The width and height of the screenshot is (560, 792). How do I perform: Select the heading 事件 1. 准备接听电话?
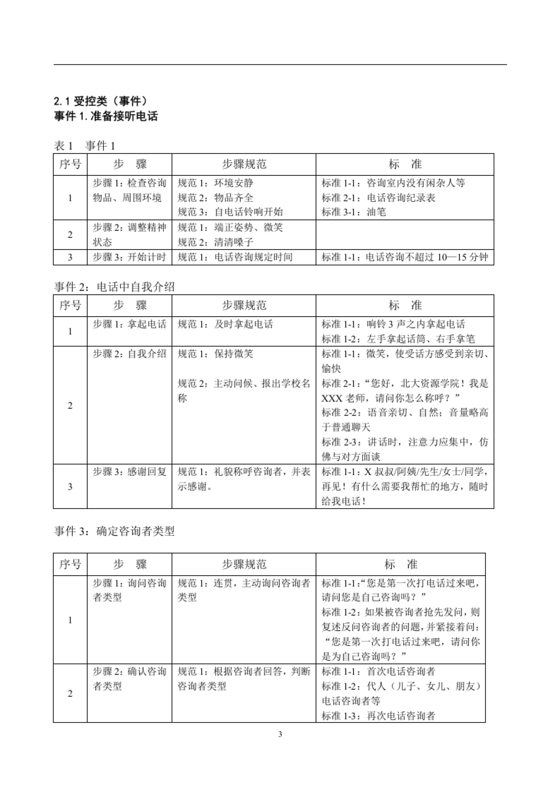point(106,116)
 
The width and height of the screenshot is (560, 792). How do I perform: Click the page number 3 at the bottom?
point(280,735)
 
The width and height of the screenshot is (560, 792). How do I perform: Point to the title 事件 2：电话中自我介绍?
point(114,287)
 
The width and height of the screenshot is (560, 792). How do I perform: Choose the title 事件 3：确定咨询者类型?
point(114,531)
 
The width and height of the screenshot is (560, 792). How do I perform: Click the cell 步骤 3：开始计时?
point(129,257)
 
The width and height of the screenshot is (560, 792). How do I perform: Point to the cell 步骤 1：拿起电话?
point(129,324)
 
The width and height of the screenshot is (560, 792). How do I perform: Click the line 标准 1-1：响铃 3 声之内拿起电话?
point(393,324)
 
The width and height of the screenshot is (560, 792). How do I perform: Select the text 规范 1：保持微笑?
point(216,354)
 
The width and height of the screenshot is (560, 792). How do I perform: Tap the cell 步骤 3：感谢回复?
point(129,472)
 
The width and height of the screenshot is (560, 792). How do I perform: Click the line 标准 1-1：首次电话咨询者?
point(378,672)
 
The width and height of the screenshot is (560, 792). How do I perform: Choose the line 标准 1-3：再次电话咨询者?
point(378,716)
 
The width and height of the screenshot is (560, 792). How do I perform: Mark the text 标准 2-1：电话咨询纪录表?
point(378,198)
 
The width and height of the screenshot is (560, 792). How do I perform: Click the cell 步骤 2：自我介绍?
point(129,354)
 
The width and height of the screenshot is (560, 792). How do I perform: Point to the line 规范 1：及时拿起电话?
point(225,324)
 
